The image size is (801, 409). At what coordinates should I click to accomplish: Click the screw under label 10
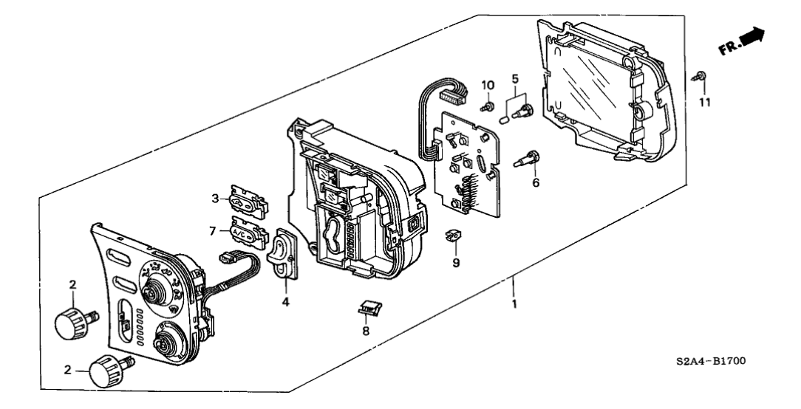488,106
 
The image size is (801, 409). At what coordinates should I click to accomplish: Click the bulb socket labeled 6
531,157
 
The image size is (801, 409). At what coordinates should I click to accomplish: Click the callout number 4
285,301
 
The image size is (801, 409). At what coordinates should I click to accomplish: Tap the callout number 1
515,302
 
